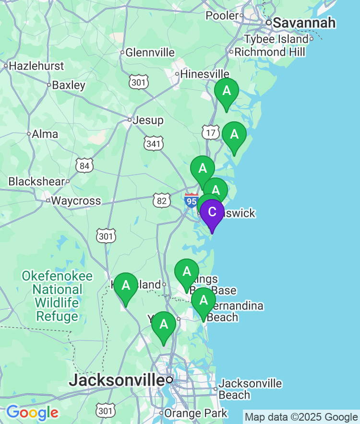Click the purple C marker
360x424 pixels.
pyautogui.click(x=212, y=212)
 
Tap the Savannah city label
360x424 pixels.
pyautogui.click(x=304, y=23)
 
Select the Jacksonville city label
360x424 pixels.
pyautogui.click(x=117, y=380)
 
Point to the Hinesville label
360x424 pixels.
pyautogui.click(x=204, y=74)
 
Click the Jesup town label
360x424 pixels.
pyautogui.click(x=148, y=120)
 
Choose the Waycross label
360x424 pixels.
pyautogui.click(x=76, y=200)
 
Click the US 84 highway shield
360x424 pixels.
pyautogui.click(x=84, y=166)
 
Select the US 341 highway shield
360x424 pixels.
pyautogui.click(x=154, y=143)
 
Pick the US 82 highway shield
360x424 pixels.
pyautogui.click(x=162, y=200)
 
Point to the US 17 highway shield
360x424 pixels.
pyautogui.click(x=210, y=132)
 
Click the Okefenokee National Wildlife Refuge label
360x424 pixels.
pyautogui.click(x=57, y=296)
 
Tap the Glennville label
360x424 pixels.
pyautogui.click(x=150, y=53)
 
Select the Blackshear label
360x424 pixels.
pyautogui.click(x=36, y=181)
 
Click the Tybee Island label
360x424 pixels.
pyautogui.click(x=276, y=39)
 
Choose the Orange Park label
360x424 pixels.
pyautogui.click(x=196, y=413)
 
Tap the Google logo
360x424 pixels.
pyautogui.click(x=32, y=412)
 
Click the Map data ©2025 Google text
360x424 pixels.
pyautogui.click(x=301, y=417)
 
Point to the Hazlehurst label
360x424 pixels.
pyautogui.click(x=36, y=66)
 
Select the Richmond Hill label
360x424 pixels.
pyautogui.click(x=270, y=52)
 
